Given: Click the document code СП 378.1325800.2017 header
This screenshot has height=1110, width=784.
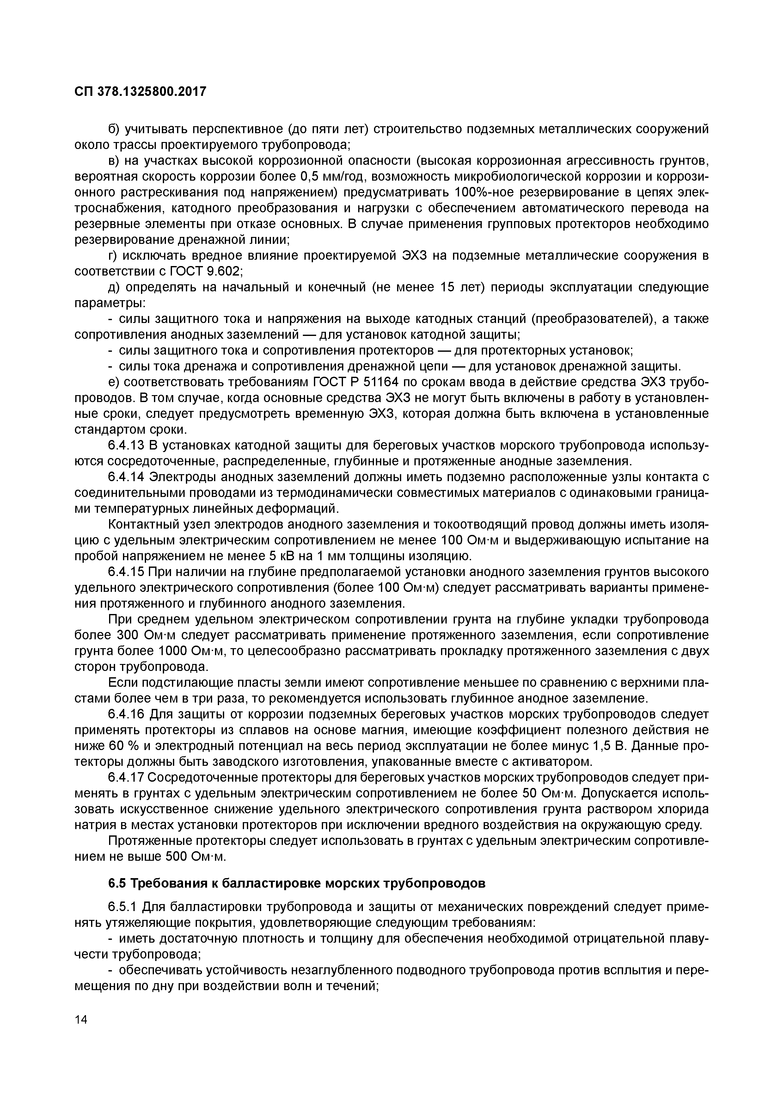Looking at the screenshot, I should tap(140, 91).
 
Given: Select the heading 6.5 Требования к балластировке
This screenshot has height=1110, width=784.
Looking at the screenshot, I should tap(296, 883).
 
